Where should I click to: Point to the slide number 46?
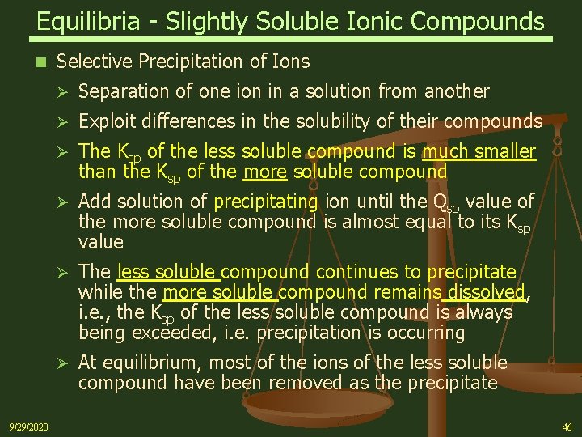567,426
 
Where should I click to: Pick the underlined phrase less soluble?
168,272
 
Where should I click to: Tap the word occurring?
426,332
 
